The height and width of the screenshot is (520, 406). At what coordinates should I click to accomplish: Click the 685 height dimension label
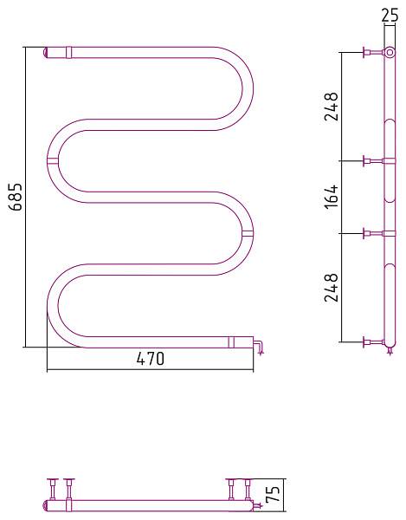(16, 197)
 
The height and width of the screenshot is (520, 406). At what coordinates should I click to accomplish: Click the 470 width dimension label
(151, 359)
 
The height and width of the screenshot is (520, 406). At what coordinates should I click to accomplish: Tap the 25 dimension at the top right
(390, 16)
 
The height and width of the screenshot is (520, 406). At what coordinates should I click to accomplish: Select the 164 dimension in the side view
(332, 197)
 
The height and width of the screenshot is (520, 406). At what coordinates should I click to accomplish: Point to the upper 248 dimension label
(332, 106)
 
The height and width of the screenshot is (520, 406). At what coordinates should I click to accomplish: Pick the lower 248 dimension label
(332, 287)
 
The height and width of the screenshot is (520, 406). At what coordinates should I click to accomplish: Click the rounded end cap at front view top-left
(46, 53)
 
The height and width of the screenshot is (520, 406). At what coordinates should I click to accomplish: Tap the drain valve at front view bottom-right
(258, 347)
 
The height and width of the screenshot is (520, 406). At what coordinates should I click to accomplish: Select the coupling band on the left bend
(53, 161)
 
